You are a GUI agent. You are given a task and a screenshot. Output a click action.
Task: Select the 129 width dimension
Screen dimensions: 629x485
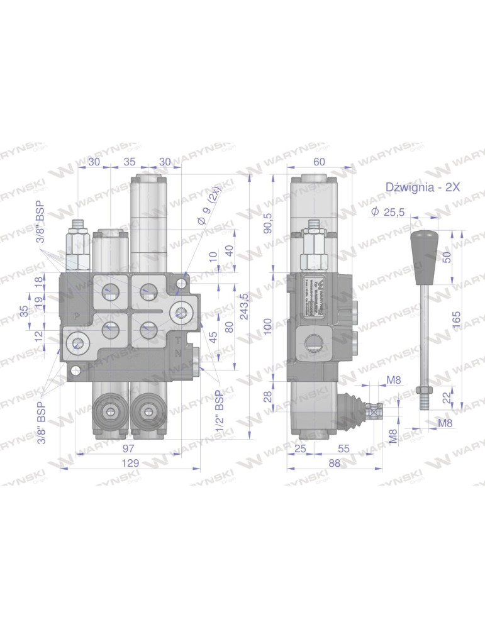pos(130,462)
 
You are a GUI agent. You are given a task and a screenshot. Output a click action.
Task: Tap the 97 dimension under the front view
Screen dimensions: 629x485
pos(128,447)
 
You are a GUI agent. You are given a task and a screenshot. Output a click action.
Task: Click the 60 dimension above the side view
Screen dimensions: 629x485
pos(319,162)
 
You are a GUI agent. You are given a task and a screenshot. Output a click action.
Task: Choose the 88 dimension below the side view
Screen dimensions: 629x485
pos(334,462)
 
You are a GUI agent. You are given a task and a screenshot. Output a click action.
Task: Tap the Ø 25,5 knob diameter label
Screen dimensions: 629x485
pos(389,212)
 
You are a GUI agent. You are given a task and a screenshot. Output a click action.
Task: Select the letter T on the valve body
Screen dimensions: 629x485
pos(178,342)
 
